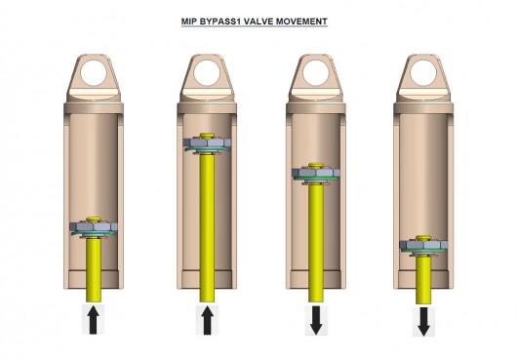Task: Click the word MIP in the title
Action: pos(189,21)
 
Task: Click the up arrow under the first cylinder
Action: pos(94,320)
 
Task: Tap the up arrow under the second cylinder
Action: pos(207,320)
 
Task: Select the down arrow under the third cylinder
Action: pos(316,320)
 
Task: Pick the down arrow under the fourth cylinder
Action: pos(423,321)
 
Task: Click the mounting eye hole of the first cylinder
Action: pos(94,73)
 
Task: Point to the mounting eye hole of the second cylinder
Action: pos(207,73)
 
